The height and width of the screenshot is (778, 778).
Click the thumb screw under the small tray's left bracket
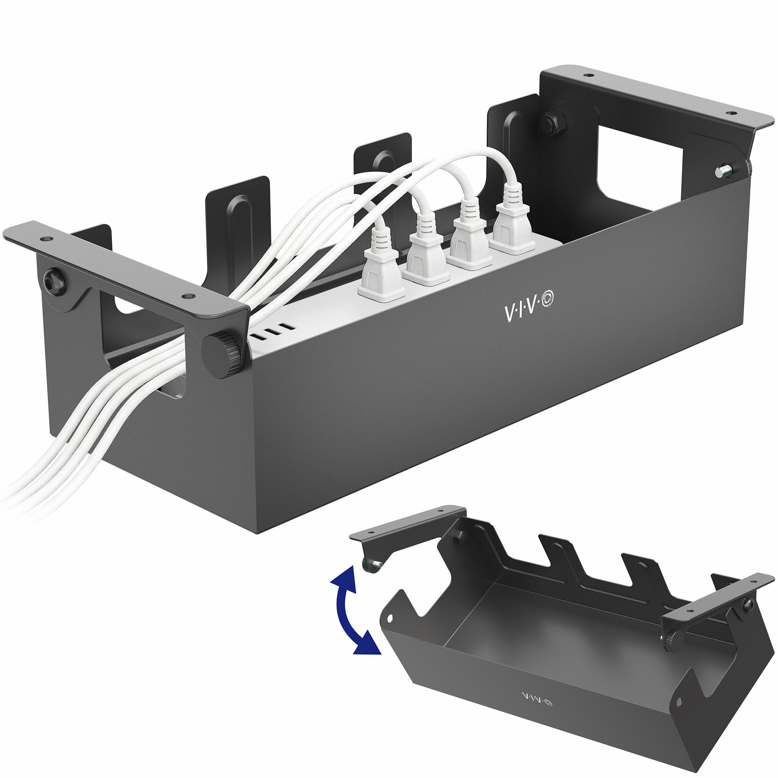coord(369,565)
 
